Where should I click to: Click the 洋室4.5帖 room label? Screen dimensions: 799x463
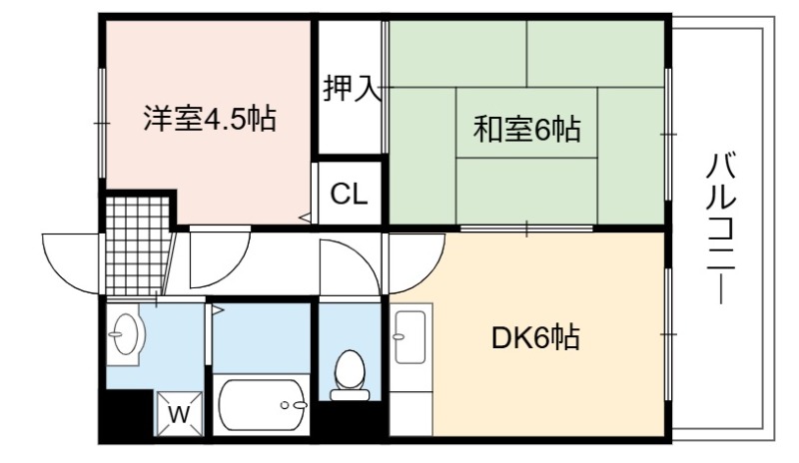tap(210, 119)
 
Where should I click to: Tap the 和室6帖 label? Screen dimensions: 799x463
tap(527, 129)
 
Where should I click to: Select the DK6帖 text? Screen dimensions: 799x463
tap(535, 337)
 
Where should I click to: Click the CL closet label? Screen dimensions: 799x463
tap(349, 194)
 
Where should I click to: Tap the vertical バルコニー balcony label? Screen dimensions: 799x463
tap(720, 229)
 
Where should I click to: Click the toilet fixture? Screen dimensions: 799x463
tap(350, 375)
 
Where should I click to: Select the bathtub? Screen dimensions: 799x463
tap(261, 405)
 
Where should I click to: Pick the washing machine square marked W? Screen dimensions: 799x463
tap(179, 413)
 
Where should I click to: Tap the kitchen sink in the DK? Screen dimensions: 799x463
tap(410, 336)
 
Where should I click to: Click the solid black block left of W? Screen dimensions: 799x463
tap(128, 413)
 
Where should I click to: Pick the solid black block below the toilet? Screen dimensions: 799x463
tap(351, 419)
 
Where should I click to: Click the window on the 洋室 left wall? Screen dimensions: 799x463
tap(103, 124)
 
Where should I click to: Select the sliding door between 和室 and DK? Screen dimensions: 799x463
tap(526, 229)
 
